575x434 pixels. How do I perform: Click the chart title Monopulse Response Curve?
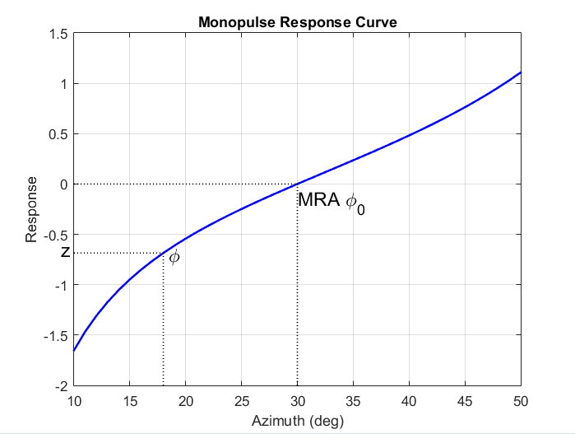click(297, 22)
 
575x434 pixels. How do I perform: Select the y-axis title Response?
click(32, 209)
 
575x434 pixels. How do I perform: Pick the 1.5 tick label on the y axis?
click(58, 34)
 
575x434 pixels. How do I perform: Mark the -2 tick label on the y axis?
click(61, 385)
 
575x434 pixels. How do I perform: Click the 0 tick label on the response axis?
click(63, 184)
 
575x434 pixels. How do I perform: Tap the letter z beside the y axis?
click(65, 253)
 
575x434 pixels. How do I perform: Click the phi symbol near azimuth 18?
click(174, 258)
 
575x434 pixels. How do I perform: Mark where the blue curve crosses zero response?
click(297, 184)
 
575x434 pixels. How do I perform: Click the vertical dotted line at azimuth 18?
click(163, 321)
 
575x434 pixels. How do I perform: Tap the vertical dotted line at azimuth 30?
click(297, 288)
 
